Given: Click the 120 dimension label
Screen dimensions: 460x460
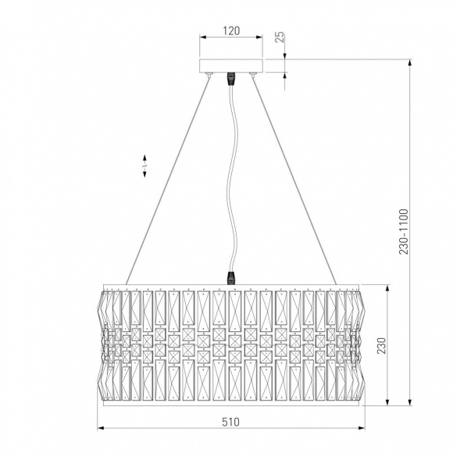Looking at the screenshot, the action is point(231,30).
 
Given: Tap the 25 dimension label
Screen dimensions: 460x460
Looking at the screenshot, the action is point(280,37).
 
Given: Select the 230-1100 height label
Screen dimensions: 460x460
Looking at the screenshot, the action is point(404,232).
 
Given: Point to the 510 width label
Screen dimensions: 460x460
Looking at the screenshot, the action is point(230,422).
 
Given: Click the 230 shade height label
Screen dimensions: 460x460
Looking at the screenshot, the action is point(381,345).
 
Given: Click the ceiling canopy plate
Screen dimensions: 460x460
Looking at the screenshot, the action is point(231,66).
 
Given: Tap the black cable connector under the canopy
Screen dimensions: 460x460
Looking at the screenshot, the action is point(231,79).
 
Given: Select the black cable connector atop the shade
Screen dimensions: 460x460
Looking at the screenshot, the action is point(231,278).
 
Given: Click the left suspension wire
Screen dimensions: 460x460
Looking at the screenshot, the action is point(167,180).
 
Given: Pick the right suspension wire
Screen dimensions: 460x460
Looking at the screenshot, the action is point(294,180).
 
